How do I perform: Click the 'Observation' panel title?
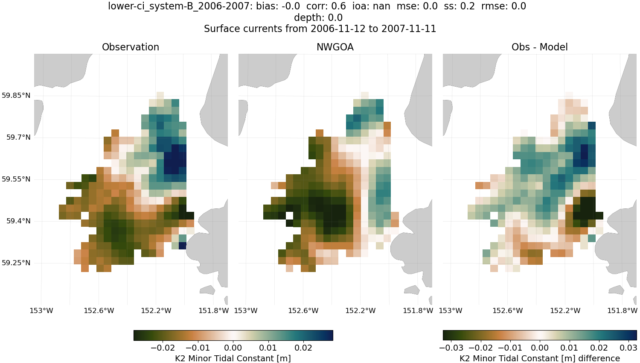point(131,47)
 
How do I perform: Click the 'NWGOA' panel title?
point(335,47)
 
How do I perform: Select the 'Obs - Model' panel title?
point(539,47)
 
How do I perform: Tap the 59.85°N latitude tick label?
point(16,95)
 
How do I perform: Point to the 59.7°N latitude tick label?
point(18,137)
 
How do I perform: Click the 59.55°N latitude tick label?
point(16,179)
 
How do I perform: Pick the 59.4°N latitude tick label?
point(18,221)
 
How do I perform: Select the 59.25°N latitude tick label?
point(16,263)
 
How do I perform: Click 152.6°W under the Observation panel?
point(99,310)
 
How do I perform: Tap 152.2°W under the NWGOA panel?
point(361,310)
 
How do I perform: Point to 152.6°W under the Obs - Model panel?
point(507,310)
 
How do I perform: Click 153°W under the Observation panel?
point(41,310)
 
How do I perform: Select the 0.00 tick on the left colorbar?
point(233,348)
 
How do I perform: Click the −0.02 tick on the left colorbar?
point(163,348)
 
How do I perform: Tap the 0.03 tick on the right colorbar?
point(628,348)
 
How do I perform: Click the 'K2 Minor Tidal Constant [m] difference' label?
point(539,358)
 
